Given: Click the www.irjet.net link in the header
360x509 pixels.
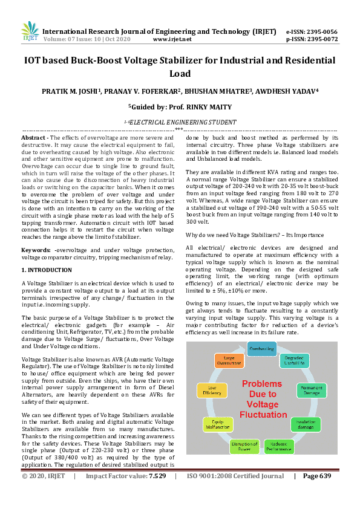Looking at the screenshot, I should (172, 39).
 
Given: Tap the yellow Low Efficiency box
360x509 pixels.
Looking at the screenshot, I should (212, 390).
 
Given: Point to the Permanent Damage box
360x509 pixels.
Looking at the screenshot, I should (312, 390).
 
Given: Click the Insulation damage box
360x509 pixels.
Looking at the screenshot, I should (306, 423).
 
